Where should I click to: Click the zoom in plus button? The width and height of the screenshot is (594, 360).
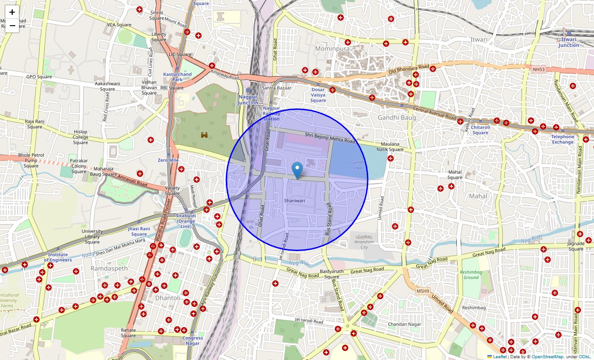click(12, 12)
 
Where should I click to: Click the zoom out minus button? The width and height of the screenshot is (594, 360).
click(12, 26)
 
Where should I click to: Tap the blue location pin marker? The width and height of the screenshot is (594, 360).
click(297, 171)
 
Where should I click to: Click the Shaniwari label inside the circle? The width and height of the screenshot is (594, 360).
click(295, 200)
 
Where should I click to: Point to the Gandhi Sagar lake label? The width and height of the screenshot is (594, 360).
click(358, 165)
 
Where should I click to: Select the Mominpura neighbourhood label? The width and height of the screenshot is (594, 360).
click(333, 48)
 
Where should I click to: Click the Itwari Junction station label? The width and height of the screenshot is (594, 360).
click(569, 42)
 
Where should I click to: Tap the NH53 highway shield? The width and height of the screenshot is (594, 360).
click(538, 69)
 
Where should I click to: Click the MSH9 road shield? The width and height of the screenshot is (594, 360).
click(423, 291)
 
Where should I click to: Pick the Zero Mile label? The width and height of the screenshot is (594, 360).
click(168, 160)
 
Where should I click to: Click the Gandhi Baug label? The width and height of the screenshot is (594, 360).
click(396, 117)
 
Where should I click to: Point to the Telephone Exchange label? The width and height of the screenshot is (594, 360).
click(563, 139)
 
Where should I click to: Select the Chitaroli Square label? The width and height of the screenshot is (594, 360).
click(480, 130)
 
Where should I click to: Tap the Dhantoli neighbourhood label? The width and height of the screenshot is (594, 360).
click(167, 298)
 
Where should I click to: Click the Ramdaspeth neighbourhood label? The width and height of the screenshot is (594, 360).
click(109, 268)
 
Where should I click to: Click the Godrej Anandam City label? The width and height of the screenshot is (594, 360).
click(364, 242)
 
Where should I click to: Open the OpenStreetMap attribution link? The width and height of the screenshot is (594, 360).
click(547, 357)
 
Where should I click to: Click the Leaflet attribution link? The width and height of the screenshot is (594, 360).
click(499, 357)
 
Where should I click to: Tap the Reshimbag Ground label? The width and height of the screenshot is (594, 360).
click(471, 275)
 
